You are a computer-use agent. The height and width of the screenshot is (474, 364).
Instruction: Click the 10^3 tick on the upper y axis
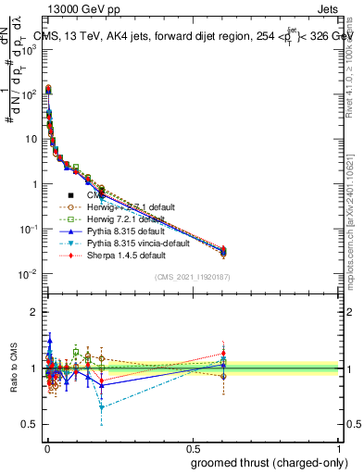[x=30, y=49]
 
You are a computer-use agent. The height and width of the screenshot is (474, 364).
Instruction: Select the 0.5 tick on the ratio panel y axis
[x=30, y=425]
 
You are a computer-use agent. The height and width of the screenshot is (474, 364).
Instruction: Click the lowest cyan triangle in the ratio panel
[x=101, y=407]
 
